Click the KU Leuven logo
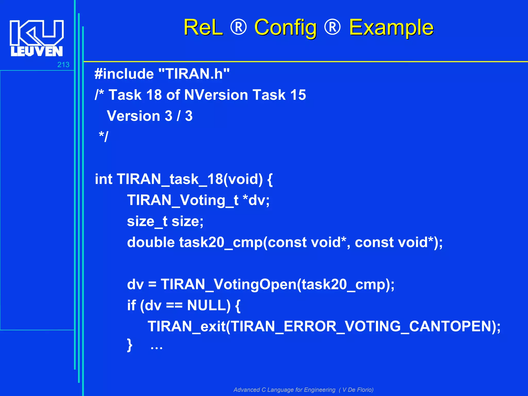click(x=36, y=38)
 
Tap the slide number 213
click(x=63, y=65)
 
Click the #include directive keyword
click(x=124, y=74)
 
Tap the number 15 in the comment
click(x=298, y=95)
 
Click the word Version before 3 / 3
click(x=133, y=116)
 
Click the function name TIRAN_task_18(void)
click(x=189, y=179)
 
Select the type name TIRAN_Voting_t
click(x=183, y=200)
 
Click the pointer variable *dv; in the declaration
click(x=256, y=200)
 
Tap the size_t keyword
click(x=147, y=221)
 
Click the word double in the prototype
click(x=151, y=242)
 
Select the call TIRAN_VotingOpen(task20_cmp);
click(x=277, y=285)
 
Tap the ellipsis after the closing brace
click(x=156, y=348)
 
